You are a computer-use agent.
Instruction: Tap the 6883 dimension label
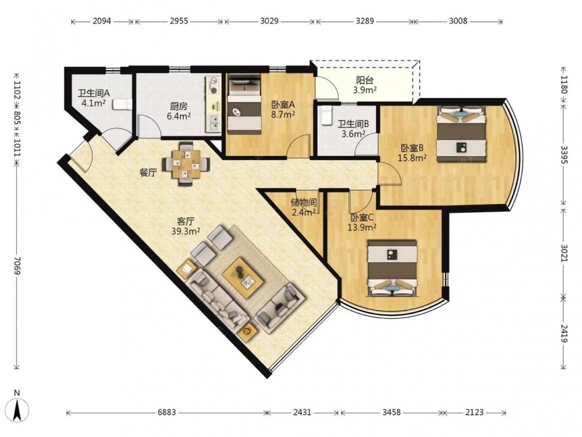[166, 413]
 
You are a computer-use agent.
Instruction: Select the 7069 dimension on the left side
[17, 265]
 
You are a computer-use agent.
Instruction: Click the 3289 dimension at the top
[365, 21]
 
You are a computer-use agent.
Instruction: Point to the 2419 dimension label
[564, 333]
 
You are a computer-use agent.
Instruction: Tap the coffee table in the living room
[243, 277]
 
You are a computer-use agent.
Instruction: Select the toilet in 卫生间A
[122, 104]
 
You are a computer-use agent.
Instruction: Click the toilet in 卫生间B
[327, 115]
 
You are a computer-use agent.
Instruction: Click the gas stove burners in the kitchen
[212, 85]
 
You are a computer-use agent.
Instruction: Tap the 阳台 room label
[365, 80]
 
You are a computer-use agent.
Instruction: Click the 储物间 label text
[304, 203]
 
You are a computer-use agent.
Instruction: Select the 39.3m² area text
[186, 231]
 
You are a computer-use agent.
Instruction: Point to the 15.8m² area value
[412, 158]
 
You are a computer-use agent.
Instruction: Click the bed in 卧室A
[243, 104]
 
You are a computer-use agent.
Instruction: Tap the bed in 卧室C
[392, 268]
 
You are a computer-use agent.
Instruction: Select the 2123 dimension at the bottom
[474, 413]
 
